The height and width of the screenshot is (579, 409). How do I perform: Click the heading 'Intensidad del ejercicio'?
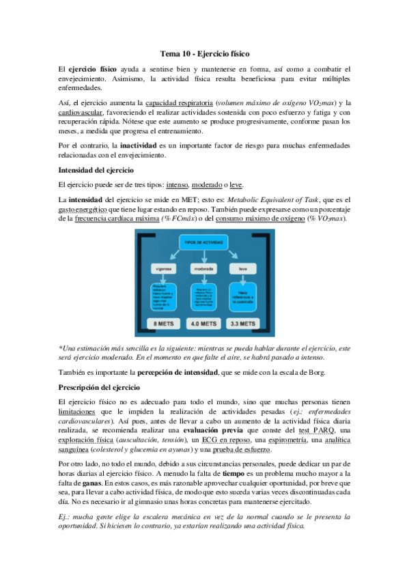pyautogui.click(x=96, y=169)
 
